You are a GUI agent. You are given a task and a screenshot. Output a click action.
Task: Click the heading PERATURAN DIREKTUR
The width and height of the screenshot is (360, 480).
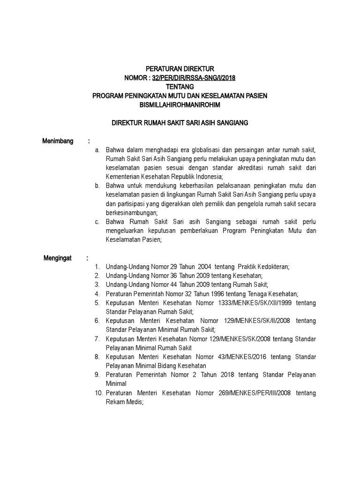(180, 69)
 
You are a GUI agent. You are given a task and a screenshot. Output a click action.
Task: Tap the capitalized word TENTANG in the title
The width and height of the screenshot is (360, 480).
(180, 87)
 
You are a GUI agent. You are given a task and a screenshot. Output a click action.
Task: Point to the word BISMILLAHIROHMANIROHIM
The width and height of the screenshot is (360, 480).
(180, 105)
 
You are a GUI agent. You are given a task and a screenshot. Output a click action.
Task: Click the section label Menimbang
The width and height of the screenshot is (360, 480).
(58, 141)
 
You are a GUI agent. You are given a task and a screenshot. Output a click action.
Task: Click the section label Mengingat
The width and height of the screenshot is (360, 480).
(58, 258)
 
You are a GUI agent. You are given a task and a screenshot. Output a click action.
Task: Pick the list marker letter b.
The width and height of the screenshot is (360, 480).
(97, 186)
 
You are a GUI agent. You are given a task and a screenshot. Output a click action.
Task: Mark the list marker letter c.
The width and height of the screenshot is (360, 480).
(97, 221)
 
